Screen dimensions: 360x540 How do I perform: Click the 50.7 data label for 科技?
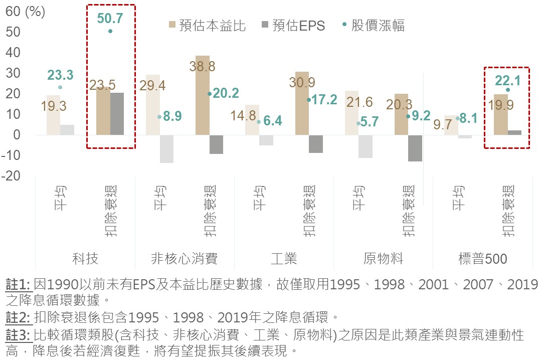coord(110,19)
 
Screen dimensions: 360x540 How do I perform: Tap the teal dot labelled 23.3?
coord(60,87)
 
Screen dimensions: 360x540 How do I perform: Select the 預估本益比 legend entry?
coord(207,26)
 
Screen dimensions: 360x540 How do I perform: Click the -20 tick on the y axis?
coord(11,176)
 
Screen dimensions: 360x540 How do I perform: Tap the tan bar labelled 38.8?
coord(203,95)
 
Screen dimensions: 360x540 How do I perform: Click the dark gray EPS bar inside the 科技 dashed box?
coord(117,113)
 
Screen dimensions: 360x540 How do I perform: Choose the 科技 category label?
coord(85,259)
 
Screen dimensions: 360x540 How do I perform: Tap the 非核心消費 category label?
coord(185,259)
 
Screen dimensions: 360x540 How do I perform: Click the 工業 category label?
coord(284,259)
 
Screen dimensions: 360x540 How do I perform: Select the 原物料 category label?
coord(383,259)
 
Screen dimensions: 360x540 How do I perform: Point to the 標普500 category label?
coord(483,259)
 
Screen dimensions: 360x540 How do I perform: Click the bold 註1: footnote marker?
coord(18,285)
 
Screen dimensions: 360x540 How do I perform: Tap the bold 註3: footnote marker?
coord(18,334)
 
